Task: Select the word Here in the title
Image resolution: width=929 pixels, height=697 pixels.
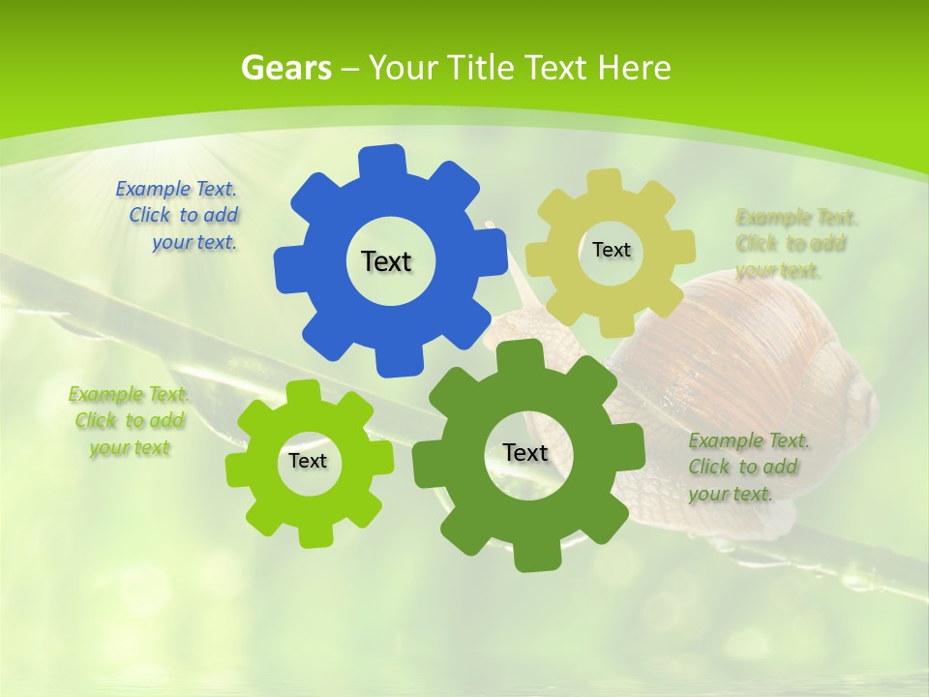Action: [634, 68]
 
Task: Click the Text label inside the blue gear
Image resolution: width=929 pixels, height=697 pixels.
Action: [386, 261]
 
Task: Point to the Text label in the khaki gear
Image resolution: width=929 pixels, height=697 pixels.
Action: [611, 250]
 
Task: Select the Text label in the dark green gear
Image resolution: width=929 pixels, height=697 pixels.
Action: [525, 452]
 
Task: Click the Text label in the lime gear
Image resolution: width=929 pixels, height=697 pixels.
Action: [308, 461]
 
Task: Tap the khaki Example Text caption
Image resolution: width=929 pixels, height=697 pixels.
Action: [795, 243]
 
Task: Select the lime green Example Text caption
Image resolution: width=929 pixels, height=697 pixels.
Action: [130, 421]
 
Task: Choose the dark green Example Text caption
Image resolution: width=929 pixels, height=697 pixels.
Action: [748, 467]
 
